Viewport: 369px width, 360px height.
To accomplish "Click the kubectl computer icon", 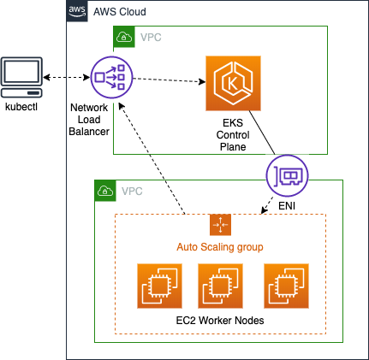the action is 21,77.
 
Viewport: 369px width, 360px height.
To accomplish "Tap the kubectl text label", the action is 21,107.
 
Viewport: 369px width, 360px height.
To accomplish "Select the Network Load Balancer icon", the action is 112,77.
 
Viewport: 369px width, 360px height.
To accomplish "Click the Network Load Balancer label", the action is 89,120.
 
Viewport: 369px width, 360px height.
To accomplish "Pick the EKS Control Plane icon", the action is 233,83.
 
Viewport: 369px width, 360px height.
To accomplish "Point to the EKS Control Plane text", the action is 233,135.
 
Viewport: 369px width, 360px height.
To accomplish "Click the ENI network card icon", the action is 288,175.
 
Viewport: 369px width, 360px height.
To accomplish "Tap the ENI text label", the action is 287,206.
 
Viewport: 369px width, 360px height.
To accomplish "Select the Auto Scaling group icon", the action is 220,225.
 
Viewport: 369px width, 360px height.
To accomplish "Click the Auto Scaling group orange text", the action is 220,247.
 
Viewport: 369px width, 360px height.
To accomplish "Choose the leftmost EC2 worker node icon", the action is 159,286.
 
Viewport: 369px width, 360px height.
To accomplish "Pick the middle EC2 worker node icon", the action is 220,286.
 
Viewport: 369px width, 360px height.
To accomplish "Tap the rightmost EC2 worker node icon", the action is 286,286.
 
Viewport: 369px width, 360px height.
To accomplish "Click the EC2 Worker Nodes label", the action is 220,321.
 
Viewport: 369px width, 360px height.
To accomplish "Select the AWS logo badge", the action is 77,11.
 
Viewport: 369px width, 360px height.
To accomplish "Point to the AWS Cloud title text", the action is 120,12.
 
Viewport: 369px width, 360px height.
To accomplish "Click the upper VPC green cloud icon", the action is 124,37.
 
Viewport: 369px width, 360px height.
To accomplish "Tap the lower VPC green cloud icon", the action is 105,191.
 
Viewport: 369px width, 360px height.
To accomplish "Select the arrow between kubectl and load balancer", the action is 67,77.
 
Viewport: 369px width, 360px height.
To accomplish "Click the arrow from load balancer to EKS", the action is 170,80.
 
